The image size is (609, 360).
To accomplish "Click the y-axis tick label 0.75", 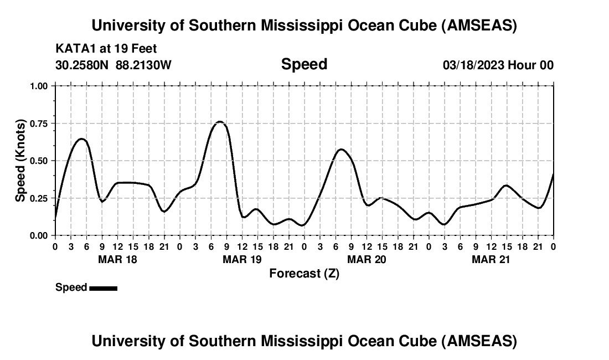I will [40, 124].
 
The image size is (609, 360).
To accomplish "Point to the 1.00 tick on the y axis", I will [40, 86].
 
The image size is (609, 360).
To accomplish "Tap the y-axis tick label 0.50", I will [40, 161].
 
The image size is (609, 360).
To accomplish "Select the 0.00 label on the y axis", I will [40, 235].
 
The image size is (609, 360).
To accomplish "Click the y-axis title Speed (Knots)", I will [20, 161].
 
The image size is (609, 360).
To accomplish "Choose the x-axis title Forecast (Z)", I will [304, 273].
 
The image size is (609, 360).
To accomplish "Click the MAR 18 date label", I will [117, 259].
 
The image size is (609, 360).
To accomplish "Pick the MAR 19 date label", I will [242, 259].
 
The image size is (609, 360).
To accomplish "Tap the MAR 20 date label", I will [367, 259].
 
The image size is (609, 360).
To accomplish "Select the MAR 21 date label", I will [491, 259].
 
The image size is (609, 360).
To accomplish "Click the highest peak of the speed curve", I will [220, 121].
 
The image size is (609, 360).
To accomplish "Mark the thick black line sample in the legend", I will [103, 288].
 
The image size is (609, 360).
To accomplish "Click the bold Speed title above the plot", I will [304, 64].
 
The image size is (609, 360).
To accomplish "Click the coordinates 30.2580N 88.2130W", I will [113, 65].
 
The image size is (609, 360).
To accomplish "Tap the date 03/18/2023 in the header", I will [473, 65].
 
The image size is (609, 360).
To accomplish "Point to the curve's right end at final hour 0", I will [553, 174].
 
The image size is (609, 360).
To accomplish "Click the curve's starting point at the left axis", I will [55, 219].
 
